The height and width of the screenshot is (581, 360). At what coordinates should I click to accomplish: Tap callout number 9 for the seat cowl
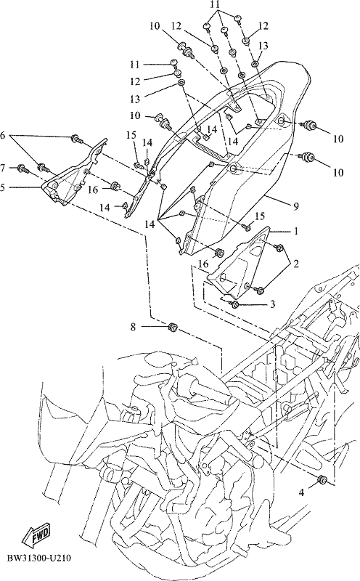tap(296, 206)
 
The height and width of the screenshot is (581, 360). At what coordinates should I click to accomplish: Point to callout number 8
tap(133, 327)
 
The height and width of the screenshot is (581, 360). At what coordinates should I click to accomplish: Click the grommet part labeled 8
tap(173, 328)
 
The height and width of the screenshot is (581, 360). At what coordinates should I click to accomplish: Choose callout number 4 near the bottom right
tap(302, 492)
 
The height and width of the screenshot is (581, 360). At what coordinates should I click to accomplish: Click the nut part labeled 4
tap(322, 480)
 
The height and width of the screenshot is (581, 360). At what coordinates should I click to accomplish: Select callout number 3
tap(272, 304)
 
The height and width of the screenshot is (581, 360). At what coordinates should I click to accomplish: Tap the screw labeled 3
tap(234, 304)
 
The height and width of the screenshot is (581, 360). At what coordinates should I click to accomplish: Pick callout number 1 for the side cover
tap(296, 231)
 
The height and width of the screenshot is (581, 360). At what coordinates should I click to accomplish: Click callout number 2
tap(296, 264)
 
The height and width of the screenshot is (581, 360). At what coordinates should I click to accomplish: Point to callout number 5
tap(3, 187)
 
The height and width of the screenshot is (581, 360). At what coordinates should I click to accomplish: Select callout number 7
tap(3, 168)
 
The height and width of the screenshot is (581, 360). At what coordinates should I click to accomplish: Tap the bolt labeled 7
tap(23, 168)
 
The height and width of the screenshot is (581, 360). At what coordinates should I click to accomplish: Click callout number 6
tap(3, 136)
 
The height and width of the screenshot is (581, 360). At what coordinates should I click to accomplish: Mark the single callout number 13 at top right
tap(263, 46)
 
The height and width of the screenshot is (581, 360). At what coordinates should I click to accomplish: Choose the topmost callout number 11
tap(216, 5)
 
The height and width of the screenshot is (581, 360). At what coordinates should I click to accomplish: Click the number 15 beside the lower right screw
tap(260, 216)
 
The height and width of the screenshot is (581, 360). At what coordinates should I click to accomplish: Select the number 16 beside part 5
tap(93, 190)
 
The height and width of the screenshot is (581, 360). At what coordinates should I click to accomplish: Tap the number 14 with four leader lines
tap(150, 224)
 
